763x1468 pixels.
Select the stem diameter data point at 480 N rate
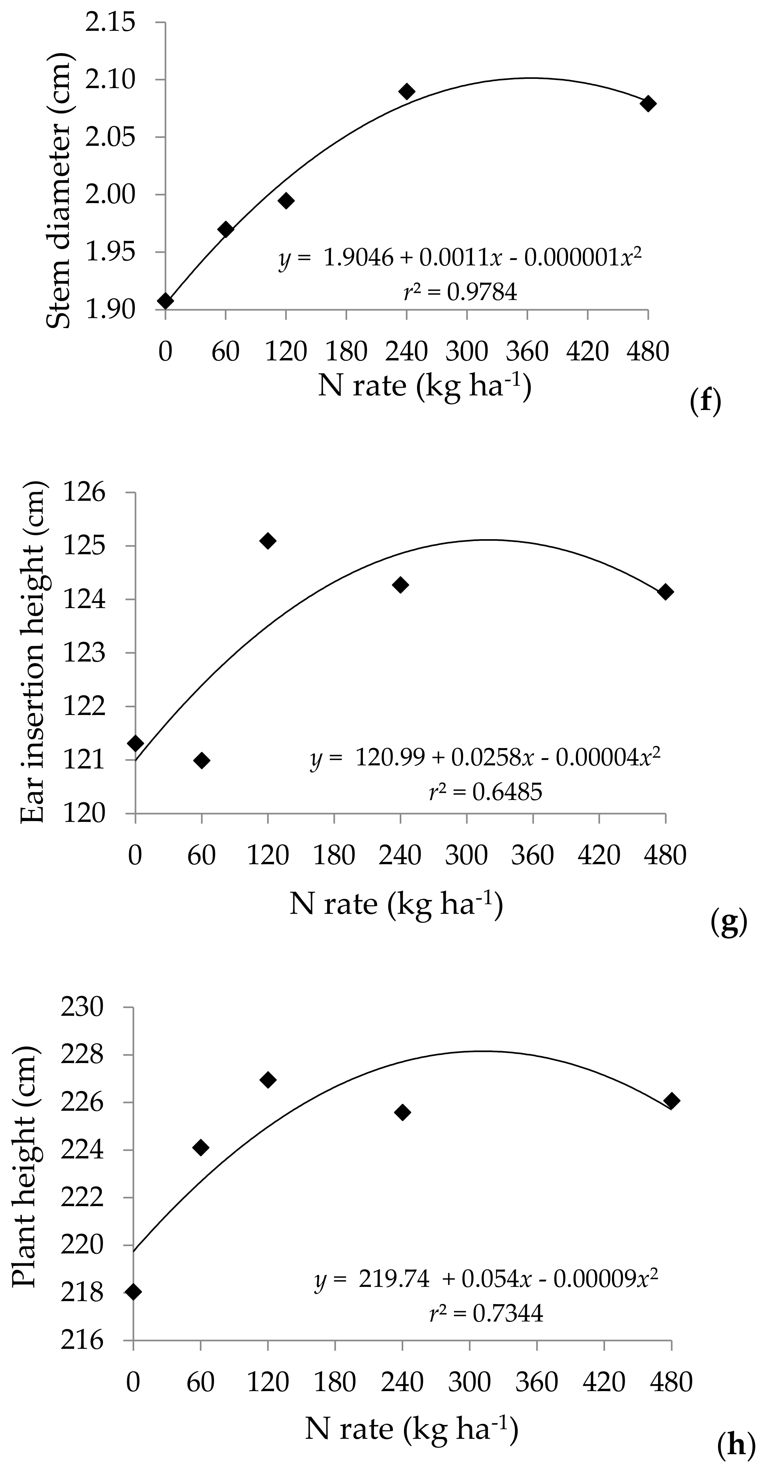[x=648, y=104]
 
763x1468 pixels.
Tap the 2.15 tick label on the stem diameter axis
[x=111, y=23]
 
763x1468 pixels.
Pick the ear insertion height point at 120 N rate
[x=268, y=541]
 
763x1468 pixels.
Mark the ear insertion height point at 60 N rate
[x=201, y=760]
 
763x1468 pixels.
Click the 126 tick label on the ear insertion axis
[x=84, y=492]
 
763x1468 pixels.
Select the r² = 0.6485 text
[x=486, y=791]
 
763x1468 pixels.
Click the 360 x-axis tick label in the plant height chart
[x=537, y=1381]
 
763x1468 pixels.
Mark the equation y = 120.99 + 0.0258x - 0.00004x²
[x=486, y=758]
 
